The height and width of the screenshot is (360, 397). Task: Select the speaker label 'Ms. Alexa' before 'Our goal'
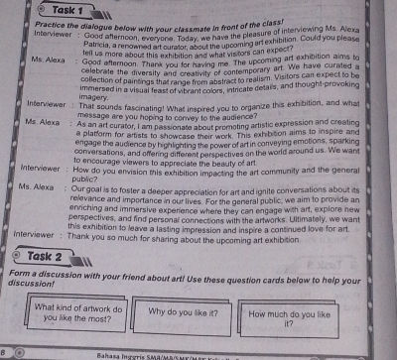click(31, 185)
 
